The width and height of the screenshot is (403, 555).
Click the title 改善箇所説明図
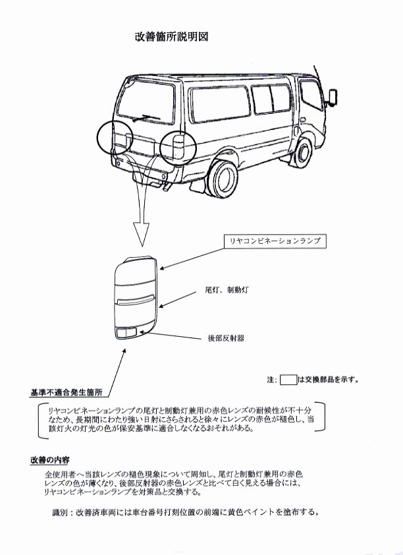171,37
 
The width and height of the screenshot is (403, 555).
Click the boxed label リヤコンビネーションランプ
275,241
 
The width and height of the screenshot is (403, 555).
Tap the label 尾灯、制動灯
227,290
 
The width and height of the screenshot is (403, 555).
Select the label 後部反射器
226,338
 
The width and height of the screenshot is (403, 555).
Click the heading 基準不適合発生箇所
67,392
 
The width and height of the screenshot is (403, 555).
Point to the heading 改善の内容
50,460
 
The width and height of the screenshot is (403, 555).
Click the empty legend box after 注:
288,380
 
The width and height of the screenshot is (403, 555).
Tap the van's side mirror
333,97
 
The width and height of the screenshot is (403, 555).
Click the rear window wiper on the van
146,118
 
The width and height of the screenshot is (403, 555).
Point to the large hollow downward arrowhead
142,234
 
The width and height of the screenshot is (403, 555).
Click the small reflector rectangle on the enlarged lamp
126,332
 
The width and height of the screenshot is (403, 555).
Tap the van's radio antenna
318,76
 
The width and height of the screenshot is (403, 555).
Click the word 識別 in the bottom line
59,512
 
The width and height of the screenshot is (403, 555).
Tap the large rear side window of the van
220,103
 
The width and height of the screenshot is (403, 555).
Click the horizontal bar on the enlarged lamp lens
136,300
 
